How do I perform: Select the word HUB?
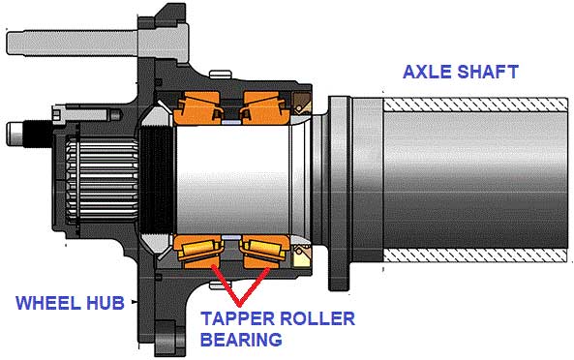coord(105,303)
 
